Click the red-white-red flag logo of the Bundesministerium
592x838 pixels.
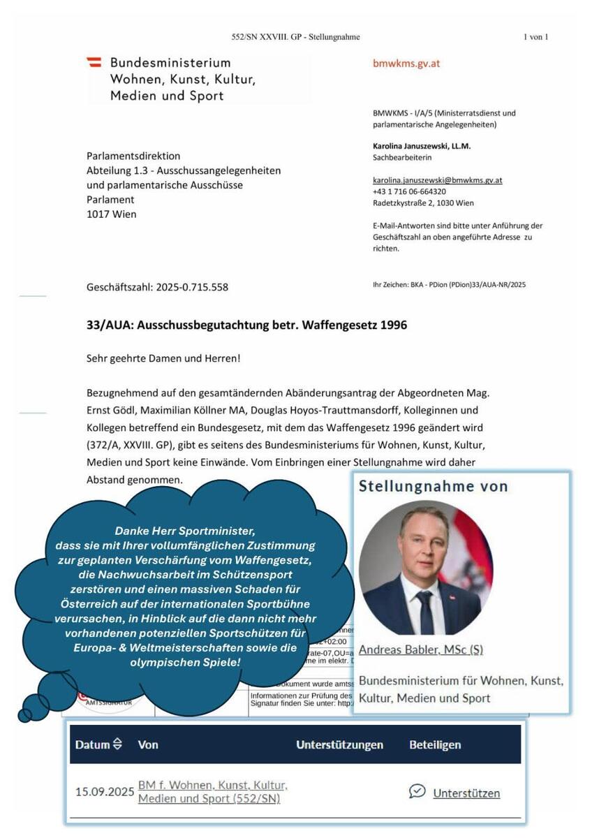click(x=94, y=63)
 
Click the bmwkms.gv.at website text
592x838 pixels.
click(x=406, y=64)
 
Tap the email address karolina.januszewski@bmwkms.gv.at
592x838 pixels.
click(x=438, y=180)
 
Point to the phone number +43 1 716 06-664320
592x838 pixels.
click(x=410, y=191)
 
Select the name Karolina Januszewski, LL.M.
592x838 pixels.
click(x=420, y=147)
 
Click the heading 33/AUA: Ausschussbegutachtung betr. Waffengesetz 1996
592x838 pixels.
click(x=246, y=325)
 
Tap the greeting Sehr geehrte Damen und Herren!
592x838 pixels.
click(x=163, y=358)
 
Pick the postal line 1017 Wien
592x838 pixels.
click(x=111, y=214)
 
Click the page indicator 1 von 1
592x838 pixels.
click(x=535, y=37)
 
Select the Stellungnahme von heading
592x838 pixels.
click(x=433, y=487)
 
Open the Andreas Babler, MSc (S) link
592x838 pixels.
click(x=420, y=649)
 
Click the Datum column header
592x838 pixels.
click(x=92, y=744)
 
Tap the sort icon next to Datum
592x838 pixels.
click(x=117, y=744)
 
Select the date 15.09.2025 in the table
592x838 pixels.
click(x=104, y=792)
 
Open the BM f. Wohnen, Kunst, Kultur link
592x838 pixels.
click(x=212, y=785)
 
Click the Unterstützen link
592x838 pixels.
click(x=466, y=793)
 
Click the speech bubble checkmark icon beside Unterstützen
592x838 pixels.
click(x=417, y=791)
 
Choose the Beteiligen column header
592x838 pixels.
click(x=435, y=744)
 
